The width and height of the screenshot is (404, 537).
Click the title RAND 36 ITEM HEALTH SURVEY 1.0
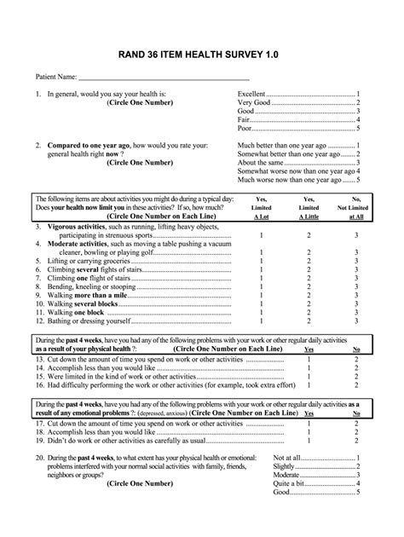[x=202, y=53]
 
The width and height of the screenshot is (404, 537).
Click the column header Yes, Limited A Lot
[x=261, y=207]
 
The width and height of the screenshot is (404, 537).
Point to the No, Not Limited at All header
[x=357, y=207]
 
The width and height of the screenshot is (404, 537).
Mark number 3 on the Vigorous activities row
[x=357, y=234]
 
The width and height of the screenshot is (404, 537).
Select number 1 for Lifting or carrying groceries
[x=261, y=261]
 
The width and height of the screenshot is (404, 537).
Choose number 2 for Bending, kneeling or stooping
[x=309, y=287]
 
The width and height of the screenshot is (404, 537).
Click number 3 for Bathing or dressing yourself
[x=357, y=322]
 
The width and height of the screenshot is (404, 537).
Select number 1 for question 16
[x=309, y=385]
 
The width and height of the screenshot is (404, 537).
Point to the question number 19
[x=40, y=442]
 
